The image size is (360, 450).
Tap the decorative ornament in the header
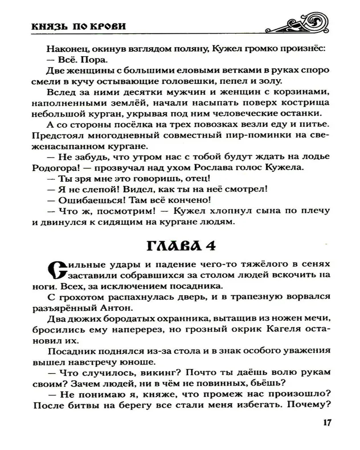pyautogui.click(x=301, y=24)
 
